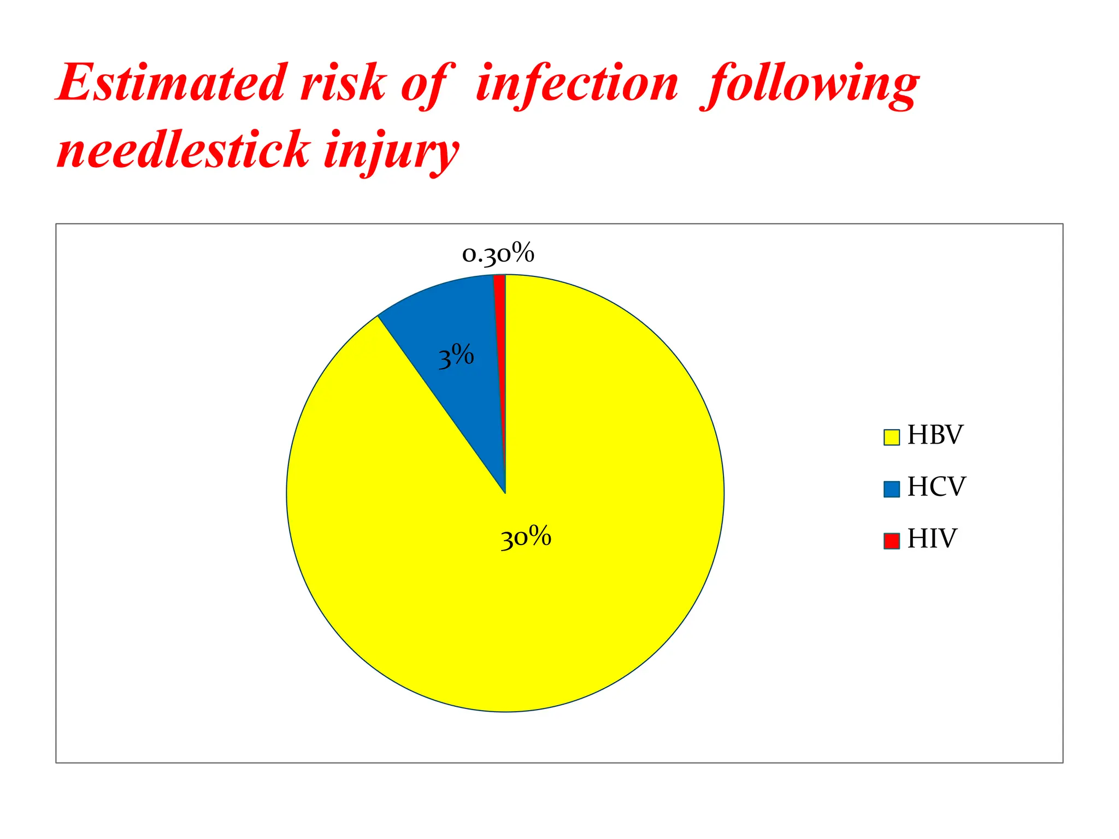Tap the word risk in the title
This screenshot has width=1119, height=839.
[343, 83]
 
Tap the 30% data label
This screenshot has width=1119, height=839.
[526, 537]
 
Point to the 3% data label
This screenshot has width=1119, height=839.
[456, 357]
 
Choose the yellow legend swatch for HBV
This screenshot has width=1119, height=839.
[891, 437]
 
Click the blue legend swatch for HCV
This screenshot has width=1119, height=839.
[891, 489]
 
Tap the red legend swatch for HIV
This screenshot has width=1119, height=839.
[891, 540]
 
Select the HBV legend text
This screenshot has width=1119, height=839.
[935, 435]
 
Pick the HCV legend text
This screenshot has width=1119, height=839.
[936, 487]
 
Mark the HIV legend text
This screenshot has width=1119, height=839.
[932, 539]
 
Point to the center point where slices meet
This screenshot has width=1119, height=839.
[505, 493]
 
